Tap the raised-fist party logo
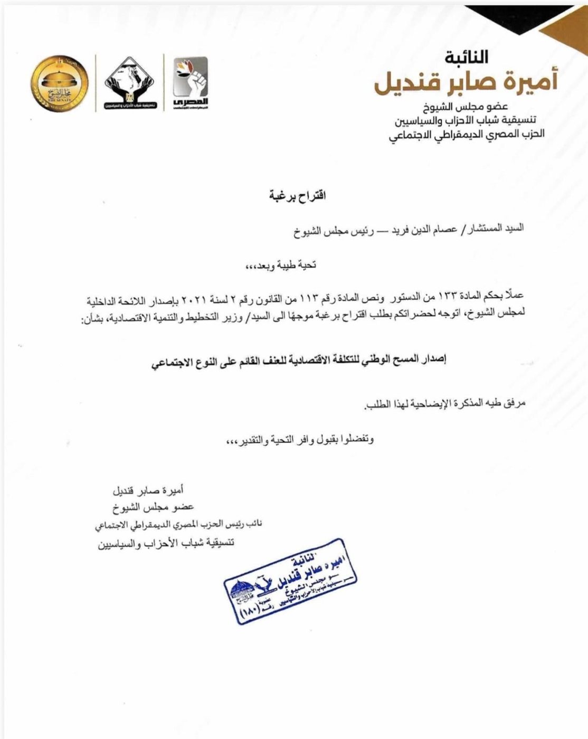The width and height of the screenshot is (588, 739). point(191,83)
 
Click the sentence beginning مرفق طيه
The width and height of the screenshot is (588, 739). point(443,403)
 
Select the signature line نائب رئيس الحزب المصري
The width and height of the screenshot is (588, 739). point(181,525)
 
